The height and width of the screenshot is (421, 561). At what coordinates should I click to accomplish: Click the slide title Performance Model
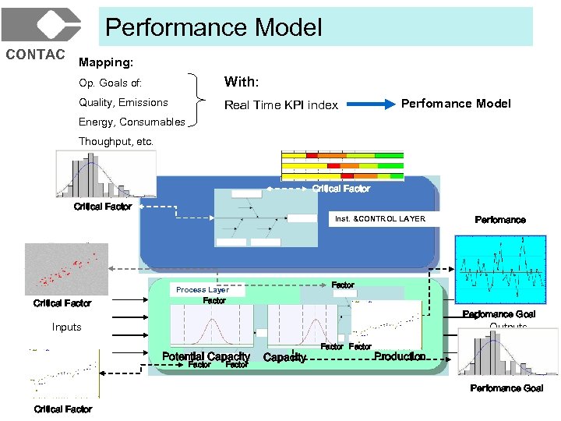[x=213, y=28]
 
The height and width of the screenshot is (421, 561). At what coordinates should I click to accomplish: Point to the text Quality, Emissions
[x=123, y=102]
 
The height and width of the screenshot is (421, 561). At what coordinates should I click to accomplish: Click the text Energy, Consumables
[x=132, y=122]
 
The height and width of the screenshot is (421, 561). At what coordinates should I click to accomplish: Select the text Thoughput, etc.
[x=116, y=141]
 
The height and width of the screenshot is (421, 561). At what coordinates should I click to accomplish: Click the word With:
[x=242, y=82]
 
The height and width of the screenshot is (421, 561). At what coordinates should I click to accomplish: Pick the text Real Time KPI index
[x=280, y=105]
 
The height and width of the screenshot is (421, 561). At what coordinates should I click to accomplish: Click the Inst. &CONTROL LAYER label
[x=380, y=219]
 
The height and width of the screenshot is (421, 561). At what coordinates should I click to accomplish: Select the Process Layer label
[x=202, y=290]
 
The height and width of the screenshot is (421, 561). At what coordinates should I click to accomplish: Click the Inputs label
[x=66, y=327]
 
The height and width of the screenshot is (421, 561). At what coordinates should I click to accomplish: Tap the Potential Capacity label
[x=206, y=356]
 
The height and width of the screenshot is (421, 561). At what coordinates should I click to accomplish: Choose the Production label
[x=400, y=356]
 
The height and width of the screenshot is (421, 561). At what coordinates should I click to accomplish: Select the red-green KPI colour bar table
[x=342, y=165]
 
